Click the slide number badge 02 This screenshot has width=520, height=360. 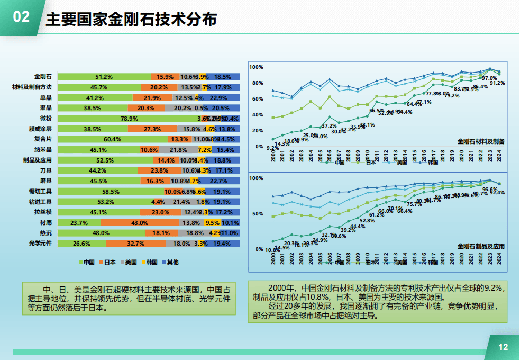(21, 17)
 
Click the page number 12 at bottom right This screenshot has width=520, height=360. (503, 347)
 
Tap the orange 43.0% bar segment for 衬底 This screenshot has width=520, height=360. (140, 223)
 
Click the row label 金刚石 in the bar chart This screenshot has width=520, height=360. (43, 77)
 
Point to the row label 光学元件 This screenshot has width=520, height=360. (40, 244)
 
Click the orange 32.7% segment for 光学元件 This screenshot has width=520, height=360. (136, 244)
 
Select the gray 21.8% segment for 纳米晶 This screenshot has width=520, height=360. (179, 150)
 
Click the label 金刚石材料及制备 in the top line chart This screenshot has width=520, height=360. (481, 141)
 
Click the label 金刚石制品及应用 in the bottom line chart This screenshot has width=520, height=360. (481, 246)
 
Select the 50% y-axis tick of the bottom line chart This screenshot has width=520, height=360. (258, 214)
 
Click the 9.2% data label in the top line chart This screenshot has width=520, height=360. (272, 148)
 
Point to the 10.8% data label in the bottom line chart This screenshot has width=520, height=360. (272, 250)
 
